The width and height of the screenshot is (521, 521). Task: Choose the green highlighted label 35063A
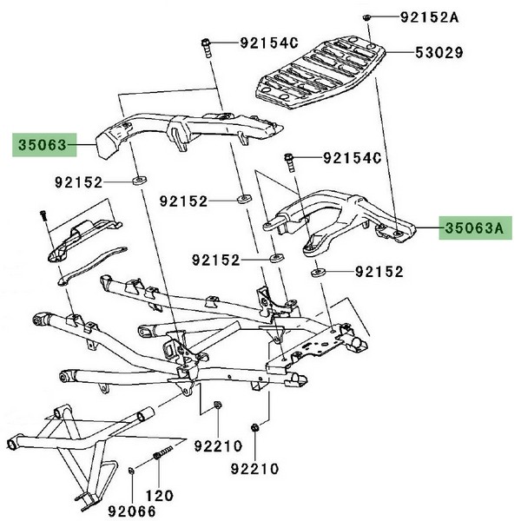click(x=474, y=228)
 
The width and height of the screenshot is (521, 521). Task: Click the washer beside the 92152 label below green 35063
click(x=137, y=182)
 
